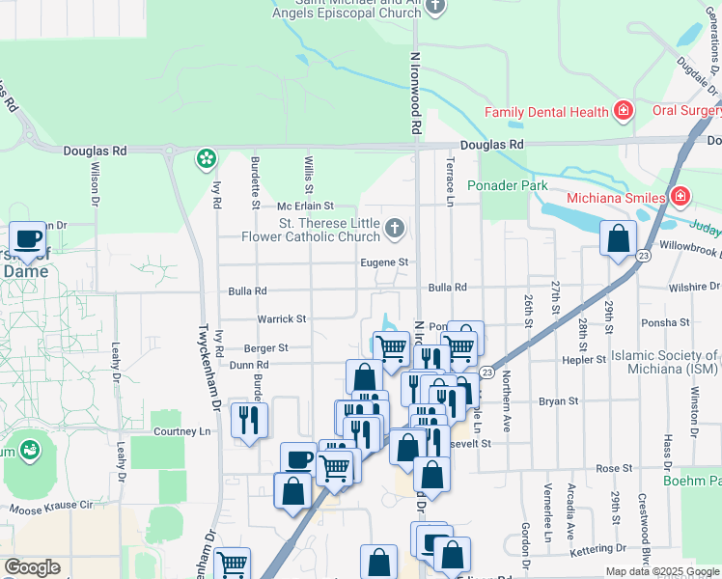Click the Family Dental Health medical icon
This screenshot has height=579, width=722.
[624, 112]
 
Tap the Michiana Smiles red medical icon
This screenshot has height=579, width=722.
[680, 197]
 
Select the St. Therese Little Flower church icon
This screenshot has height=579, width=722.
[394, 229]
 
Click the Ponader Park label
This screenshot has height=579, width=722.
[507, 185]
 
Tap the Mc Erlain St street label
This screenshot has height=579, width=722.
[305, 207]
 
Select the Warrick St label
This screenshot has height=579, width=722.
[281, 318]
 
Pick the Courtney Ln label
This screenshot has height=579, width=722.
[180, 431]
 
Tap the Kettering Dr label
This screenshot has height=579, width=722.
[604, 548]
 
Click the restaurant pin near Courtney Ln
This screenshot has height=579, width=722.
[249, 420]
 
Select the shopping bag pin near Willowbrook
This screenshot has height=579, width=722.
[617, 238]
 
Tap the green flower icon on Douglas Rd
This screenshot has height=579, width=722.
[206, 158]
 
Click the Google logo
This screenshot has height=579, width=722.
[32, 567]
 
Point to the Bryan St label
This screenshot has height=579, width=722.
[558, 400]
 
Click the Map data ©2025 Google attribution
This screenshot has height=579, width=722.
[662, 571]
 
